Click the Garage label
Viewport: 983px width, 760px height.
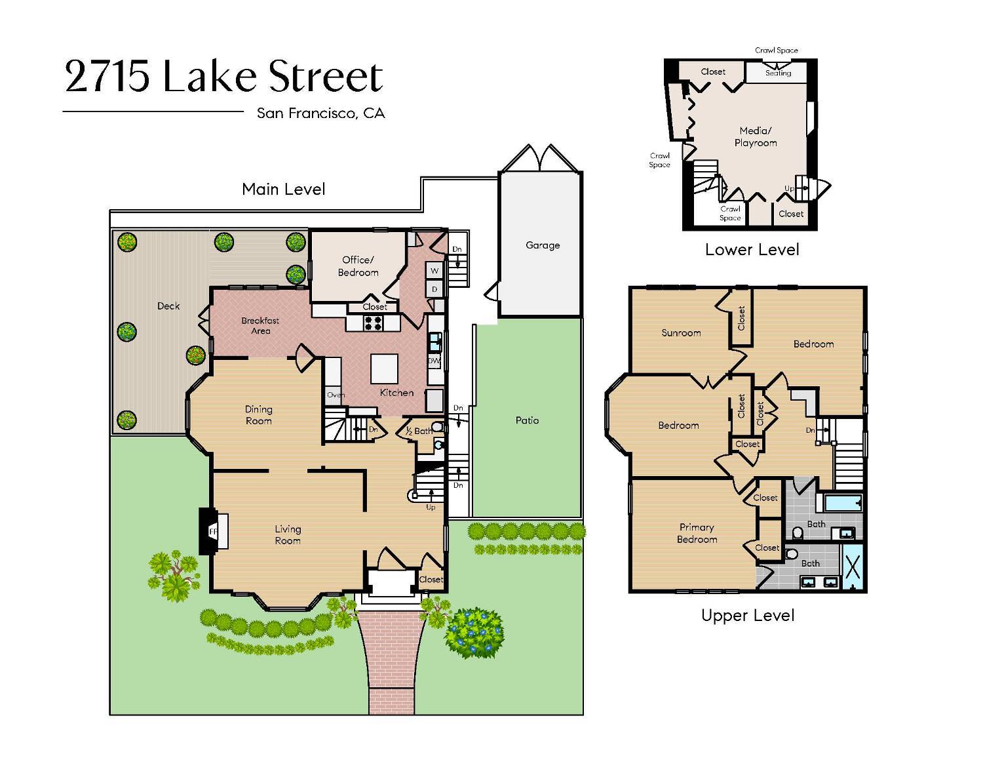(543, 245)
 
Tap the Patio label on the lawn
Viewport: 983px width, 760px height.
(527, 420)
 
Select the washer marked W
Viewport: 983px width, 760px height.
(434, 271)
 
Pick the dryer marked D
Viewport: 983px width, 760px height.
(434, 289)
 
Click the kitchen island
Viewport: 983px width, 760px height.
(384, 369)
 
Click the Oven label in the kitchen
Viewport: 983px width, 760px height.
(336, 395)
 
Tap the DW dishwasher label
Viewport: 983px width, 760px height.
(434, 361)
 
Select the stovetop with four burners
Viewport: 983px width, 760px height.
(374, 323)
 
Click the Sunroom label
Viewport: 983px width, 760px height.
(681, 332)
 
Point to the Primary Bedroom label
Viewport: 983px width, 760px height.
(697, 533)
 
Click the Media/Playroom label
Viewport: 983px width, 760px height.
(756, 136)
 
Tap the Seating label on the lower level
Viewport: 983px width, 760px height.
(778, 73)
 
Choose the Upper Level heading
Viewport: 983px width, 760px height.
(748, 616)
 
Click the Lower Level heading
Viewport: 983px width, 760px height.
(752, 249)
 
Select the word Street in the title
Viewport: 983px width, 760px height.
(326, 77)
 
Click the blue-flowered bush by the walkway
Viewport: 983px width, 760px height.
(474, 632)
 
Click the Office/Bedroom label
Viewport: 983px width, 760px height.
(358, 266)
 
